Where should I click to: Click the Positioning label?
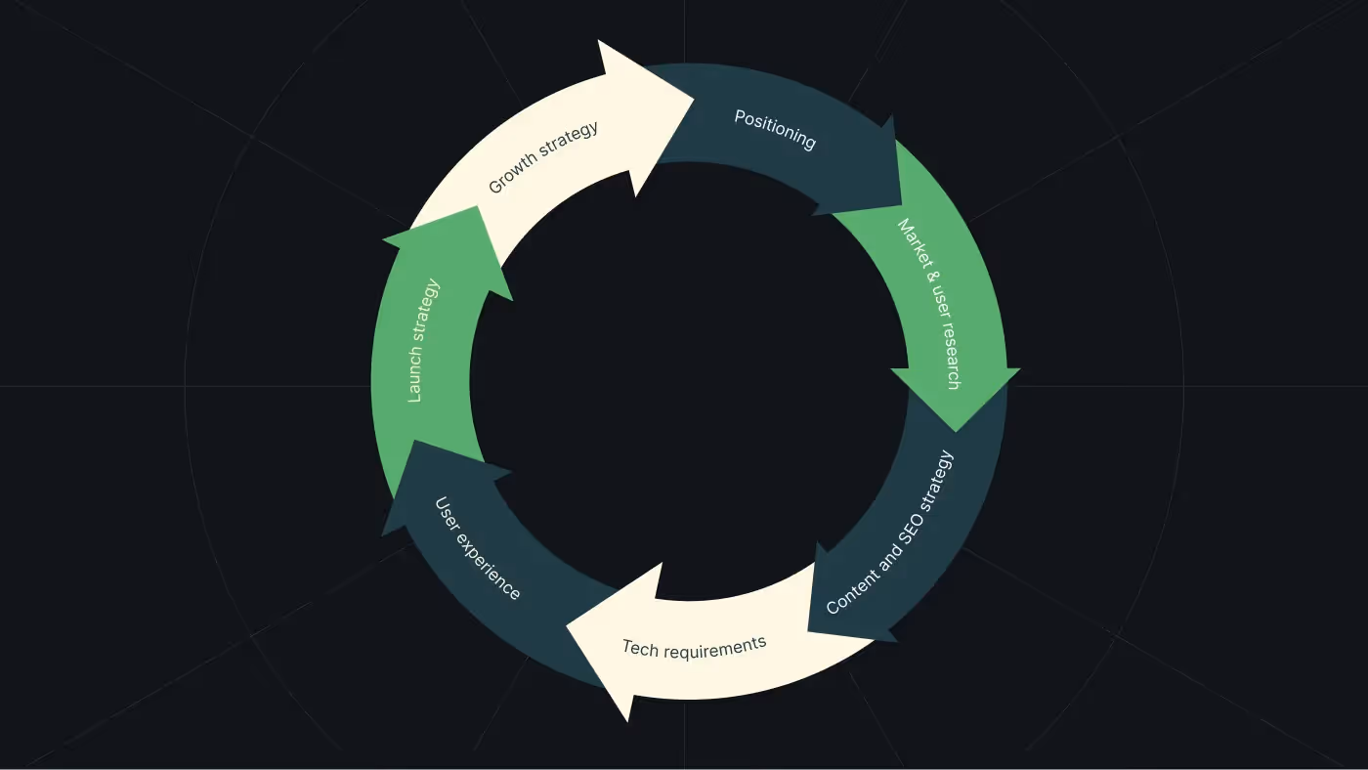click(775, 130)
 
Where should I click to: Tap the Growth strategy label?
click(543, 156)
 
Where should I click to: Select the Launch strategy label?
click(423, 341)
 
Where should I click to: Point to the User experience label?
click(477, 548)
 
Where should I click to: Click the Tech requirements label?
click(694, 646)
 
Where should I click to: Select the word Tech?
click(640, 648)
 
